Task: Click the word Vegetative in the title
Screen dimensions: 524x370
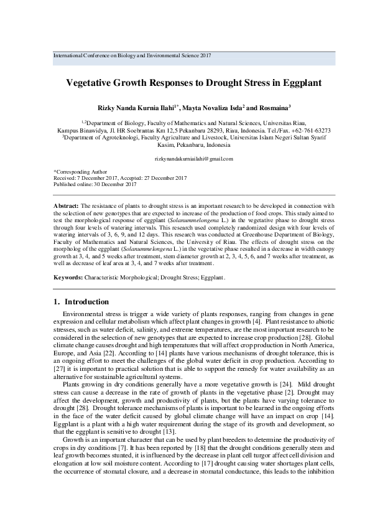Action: click(x=95, y=82)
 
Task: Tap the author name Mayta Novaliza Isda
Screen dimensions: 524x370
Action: click(x=215, y=108)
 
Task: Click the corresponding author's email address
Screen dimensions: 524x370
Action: click(x=185, y=159)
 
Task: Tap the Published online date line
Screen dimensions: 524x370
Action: click(x=95, y=184)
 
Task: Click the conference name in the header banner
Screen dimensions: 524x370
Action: click(x=132, y=55)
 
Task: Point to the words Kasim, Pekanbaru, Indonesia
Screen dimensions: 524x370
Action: click(x=185, y=144)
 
